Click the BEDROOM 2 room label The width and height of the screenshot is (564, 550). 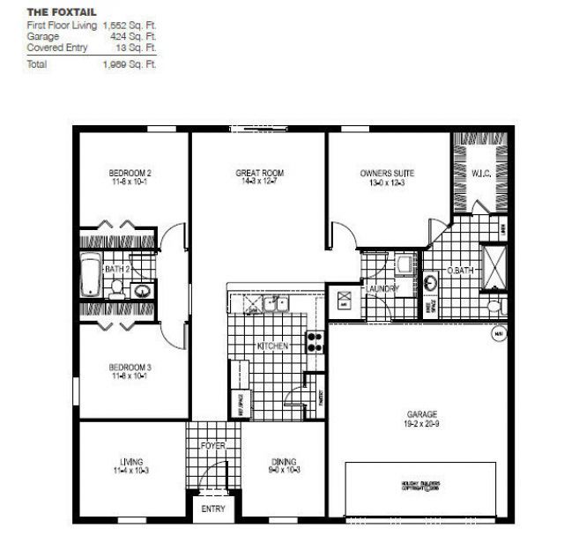tap(130, 173)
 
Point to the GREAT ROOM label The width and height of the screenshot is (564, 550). tap(259, 173)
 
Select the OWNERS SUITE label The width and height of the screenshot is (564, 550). tap(387, 173)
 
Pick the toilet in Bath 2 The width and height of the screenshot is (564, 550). tap(115, 286)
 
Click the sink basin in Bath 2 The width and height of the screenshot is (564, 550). tap(140, 289)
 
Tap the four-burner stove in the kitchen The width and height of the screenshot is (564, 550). tap(315, 341)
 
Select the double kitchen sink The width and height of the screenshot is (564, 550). tap(276, 304)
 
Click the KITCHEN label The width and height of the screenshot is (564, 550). tap(271, 346)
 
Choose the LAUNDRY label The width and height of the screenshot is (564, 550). tap(382, 288)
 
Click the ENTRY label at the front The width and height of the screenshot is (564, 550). tap(213, 509)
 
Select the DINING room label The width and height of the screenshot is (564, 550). tap(284, 461)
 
